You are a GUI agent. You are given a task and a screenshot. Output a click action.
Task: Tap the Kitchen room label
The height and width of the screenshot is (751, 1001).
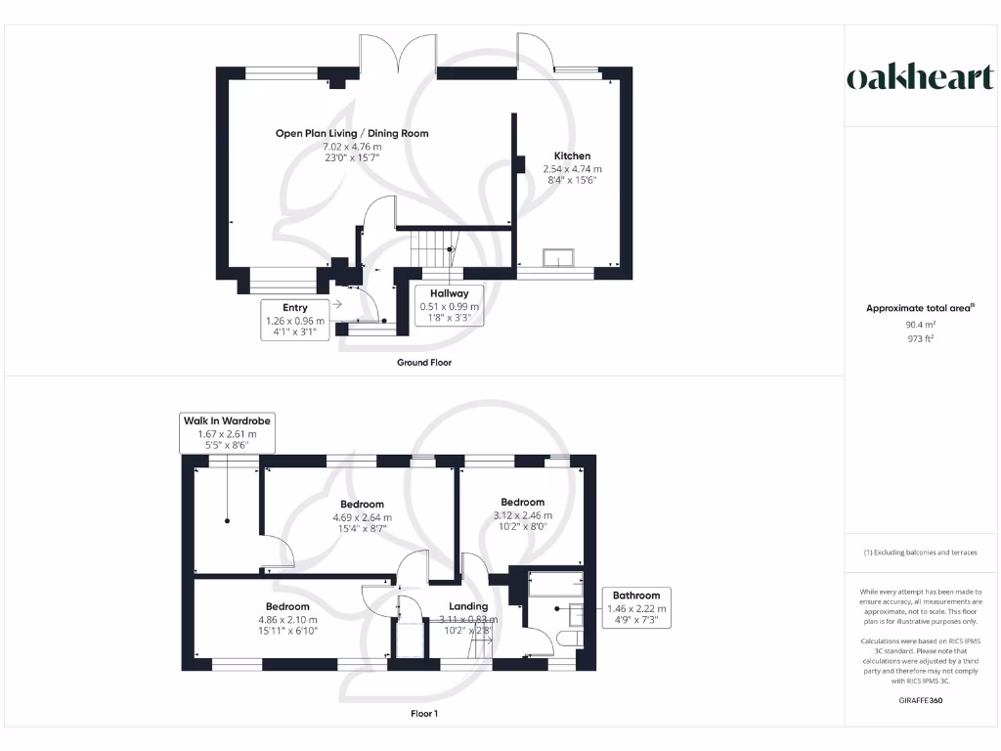click(572, 155)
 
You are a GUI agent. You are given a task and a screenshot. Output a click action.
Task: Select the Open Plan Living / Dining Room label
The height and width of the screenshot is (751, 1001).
click(352, 133)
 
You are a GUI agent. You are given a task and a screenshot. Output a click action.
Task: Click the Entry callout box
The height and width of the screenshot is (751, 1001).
click(295, 320)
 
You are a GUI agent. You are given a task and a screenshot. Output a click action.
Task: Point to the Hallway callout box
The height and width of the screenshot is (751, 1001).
click(450, 305)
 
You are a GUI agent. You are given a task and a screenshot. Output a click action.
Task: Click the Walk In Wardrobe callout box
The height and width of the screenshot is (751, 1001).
click(227, 432)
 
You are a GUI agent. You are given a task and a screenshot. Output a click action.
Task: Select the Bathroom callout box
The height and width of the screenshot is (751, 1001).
click(636, 607)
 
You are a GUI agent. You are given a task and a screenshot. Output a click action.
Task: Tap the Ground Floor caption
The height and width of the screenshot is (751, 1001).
click(424, 362)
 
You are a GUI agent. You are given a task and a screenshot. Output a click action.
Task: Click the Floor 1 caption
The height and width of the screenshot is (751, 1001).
click(424, 713)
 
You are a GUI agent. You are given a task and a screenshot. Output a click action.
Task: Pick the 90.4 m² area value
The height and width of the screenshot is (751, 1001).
click(920, 325)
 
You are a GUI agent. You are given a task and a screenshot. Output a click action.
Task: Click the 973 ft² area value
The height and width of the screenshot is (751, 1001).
click(920, 338)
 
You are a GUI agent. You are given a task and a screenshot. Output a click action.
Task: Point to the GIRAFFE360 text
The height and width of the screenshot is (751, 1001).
click(920, 700)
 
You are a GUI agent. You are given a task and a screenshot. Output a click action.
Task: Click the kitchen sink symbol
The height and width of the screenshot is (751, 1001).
click(558, 257)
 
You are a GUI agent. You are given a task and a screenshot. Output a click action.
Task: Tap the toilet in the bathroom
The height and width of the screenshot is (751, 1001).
click(569, 638)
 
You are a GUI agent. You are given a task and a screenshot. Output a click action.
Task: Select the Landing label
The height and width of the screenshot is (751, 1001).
click(468, 606)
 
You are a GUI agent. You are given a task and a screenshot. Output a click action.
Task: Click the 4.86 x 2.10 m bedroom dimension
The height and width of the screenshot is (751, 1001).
click(287, 619)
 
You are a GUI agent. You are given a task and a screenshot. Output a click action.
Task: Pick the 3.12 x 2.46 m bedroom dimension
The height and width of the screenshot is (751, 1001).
click(522, 515)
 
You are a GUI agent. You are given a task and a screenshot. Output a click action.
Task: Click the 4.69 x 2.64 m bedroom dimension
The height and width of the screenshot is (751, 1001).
click(362, 517)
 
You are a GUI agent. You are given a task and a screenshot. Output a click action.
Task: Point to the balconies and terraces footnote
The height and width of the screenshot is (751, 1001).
click(920, 552)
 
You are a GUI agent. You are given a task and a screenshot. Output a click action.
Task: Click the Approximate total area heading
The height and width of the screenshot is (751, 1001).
click(920, 308)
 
